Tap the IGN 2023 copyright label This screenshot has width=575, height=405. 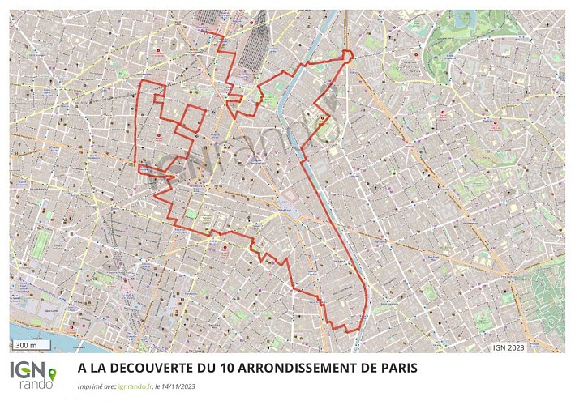508,347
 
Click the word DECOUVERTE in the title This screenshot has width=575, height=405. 151,368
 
